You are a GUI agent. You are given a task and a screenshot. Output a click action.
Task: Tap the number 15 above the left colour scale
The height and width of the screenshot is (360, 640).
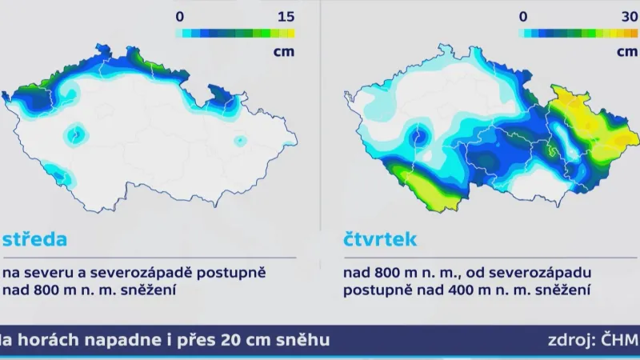[285, 16]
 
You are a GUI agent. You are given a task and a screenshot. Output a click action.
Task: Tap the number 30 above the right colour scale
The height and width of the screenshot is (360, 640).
[627, 16]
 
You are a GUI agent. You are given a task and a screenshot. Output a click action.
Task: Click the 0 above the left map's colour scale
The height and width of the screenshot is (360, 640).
[180, 16]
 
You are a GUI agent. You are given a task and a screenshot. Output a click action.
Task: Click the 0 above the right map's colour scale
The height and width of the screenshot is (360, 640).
[522, 16]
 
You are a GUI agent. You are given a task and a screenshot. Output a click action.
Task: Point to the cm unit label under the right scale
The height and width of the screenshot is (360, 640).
[627, 52]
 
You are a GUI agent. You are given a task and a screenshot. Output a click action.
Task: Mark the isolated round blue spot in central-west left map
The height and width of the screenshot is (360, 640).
[76, 134]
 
